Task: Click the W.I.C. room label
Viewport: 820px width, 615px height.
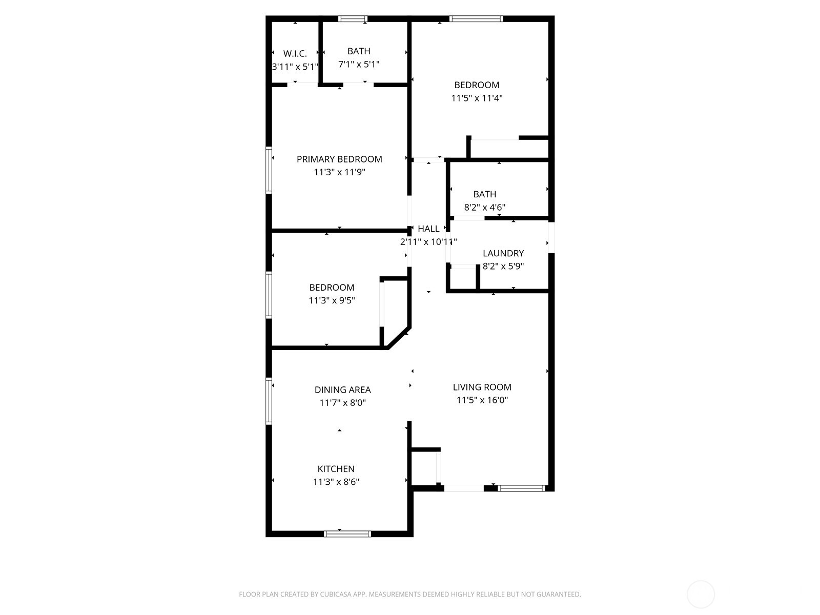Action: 295,53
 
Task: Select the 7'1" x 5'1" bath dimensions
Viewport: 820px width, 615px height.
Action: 359,65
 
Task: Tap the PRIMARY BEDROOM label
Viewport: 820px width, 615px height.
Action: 339,159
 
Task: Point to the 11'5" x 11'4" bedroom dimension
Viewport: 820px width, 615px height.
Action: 477,98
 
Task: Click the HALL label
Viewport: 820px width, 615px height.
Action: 428,229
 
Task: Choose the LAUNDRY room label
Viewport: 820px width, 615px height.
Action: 503,253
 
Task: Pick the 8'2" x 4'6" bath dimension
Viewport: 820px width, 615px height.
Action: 485,208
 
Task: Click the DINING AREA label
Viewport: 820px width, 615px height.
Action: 342,390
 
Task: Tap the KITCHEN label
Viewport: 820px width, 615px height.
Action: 336,469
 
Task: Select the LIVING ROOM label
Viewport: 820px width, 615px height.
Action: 482,387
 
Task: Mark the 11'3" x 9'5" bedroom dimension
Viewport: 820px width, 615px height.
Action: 332,301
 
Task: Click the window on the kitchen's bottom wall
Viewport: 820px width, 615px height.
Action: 347,534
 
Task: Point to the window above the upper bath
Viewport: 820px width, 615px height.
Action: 353,19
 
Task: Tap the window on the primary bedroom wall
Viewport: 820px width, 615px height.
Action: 269,170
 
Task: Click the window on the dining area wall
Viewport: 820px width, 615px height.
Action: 269,401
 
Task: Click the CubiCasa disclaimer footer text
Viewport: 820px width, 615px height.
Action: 409,594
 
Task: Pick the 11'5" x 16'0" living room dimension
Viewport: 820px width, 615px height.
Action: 482,400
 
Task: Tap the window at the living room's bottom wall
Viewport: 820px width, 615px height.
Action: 521,488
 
